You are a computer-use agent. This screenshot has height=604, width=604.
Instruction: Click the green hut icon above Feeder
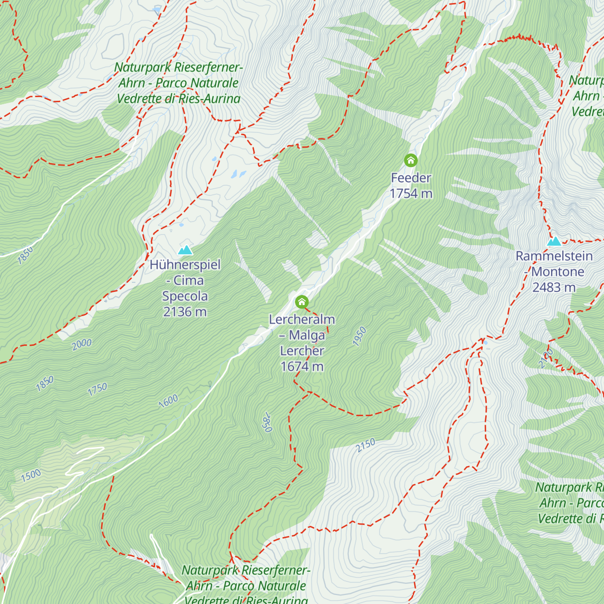(x=411, y=161)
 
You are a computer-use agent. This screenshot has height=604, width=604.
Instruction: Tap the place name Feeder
(x=411, y=178)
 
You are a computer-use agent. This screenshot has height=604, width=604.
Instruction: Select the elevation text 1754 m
(x=411, y=193)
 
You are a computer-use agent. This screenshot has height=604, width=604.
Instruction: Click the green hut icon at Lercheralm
(x=301, y=302)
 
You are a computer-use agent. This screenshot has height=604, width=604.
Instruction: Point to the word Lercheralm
(x=301, y=320)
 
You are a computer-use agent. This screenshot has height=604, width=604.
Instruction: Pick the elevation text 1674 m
(x=301, y=366)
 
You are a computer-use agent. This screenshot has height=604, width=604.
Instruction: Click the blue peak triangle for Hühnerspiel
(x=185, y=250)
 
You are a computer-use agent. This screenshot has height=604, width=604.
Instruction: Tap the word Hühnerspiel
(x=185, y=265)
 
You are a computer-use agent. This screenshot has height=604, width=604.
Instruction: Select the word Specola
(x=185, y=296)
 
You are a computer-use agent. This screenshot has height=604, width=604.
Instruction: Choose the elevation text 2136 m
(x=185, y=312)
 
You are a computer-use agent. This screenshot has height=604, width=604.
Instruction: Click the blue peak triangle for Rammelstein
(x=554, y=241)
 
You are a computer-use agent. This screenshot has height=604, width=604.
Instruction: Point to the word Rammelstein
(x=554, y=256)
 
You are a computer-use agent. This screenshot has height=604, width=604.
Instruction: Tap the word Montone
(x=558, y=272)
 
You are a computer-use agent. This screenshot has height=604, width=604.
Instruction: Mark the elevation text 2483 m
(x=554, y=287)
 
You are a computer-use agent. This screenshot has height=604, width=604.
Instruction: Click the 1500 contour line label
(x=31, y=475)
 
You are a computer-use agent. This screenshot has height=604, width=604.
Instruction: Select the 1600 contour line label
(x=168, y=401)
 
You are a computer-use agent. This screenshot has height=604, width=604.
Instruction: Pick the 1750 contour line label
(x=98, y=389)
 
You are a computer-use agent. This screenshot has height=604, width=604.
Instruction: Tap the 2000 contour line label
(x=82, y=344)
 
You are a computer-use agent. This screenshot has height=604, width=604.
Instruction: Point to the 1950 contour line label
(x=359, y=336)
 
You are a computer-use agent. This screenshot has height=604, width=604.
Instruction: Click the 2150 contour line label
(x=366, y=445)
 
